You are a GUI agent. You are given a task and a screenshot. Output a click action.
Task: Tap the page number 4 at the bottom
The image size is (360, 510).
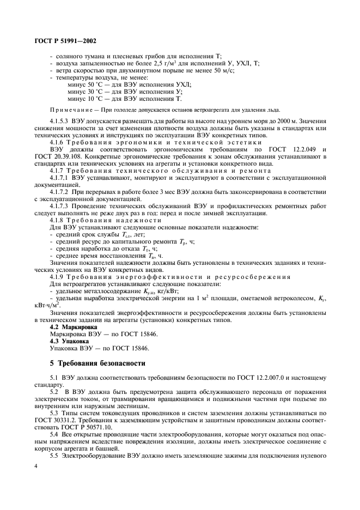pyautogui.click(x=35, y=467)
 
